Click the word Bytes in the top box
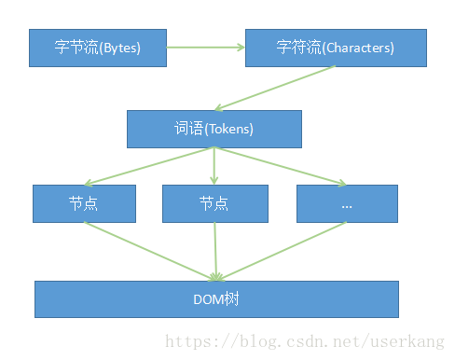[121, 48]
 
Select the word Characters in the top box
[358, 48]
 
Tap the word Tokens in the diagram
[229, 129]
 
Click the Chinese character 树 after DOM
[231, 299]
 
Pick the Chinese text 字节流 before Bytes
[76, 48]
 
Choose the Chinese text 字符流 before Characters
[298, 48]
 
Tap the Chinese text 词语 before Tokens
[189, 129]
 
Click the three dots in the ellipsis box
[347, 206]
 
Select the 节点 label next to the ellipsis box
[214, 203]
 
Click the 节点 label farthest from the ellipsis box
[83, 203]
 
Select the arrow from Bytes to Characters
[205, 48]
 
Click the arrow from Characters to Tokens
[275, 88]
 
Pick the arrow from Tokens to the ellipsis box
[280, 167]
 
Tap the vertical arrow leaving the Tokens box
[214, 166]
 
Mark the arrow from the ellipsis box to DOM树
[282, 251]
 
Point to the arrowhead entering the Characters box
[241, 48]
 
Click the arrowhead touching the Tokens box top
[218, 107]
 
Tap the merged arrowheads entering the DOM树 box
[216, 277]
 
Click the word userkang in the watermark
[407, 341]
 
